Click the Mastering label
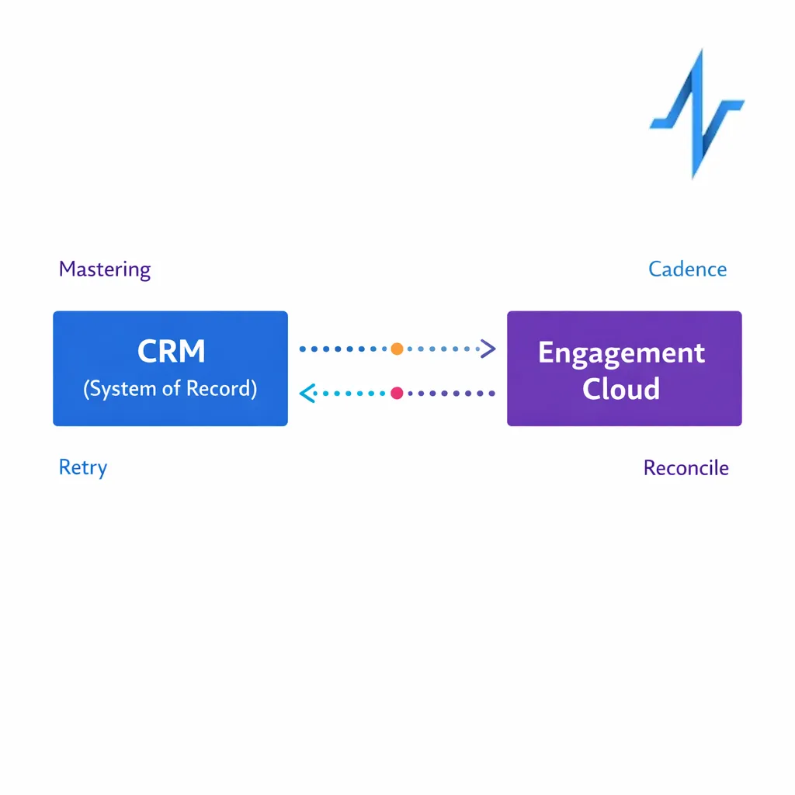[x=105, y=269]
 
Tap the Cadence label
[x=687, y=269]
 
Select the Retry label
[x=83, y=468]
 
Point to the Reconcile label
[x=686, y=468]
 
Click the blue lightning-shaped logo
[x=696, y=113]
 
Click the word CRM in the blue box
[x=171, y=352]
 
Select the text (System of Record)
[x=170, y=388]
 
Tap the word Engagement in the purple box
[x=621, y=352]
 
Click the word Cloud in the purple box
[x=621, y=388]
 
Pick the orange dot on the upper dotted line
[x=397, y=349]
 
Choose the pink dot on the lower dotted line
[x=397, y=393]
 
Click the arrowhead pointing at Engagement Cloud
[x=488, y=349]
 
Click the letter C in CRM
[x=148, y=352]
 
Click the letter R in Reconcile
[x=650, y=468]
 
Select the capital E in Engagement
[x=546, y=352]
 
